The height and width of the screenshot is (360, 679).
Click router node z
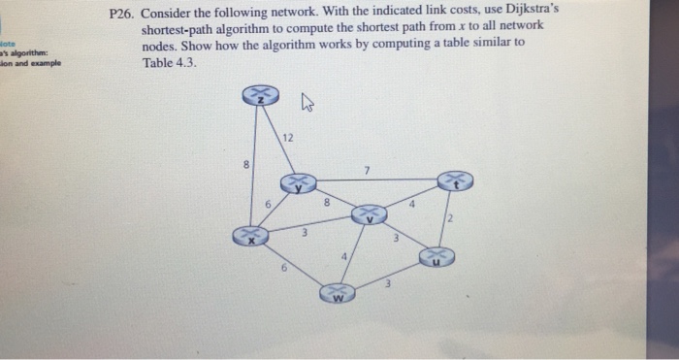point(260,94)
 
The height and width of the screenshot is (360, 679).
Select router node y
point(299,182)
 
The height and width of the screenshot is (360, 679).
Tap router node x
point(250,235)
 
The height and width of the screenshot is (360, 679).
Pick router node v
point(369,215)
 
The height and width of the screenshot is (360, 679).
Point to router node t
point(455,181)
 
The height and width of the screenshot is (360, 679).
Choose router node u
point(436,257)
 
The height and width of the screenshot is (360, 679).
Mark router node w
point(338,292)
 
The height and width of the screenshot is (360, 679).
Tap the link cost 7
point(367,172)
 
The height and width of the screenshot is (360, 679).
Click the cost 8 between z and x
point(246,166)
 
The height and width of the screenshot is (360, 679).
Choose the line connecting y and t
point(378,180)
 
